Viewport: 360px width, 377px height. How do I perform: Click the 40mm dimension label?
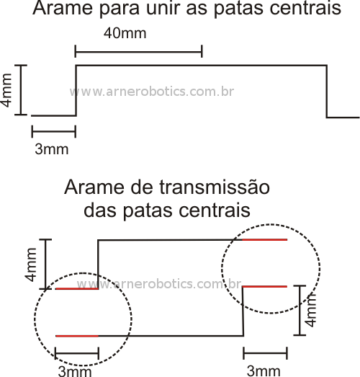[125, 33]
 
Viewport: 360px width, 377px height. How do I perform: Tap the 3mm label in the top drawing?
[52, 149]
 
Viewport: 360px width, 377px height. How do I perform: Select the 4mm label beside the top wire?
[6, 90]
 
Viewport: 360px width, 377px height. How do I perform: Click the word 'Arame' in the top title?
[63, 8]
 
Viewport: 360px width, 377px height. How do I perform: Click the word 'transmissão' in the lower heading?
[215, 187]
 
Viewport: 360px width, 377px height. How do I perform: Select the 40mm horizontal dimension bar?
[139, 51]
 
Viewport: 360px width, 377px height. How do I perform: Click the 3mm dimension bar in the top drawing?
[54, 131]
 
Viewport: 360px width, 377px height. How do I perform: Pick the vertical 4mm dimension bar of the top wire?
[21, 90]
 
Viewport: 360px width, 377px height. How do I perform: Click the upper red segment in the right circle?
[265, 240]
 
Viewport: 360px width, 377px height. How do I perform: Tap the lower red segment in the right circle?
[265, 287]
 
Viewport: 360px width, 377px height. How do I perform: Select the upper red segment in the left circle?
[77, 289]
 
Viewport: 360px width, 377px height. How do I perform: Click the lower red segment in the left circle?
[77, 336]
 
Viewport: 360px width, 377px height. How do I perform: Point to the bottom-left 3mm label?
[75, 371]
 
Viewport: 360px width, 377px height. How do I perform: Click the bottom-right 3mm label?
[264, 371]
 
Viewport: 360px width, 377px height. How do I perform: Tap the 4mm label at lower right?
[312, 310]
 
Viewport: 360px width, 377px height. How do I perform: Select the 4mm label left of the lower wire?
[31, 265]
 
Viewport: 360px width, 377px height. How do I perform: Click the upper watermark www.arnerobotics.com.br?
[152, 92]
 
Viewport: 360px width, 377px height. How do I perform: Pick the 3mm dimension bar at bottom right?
[266, 353]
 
